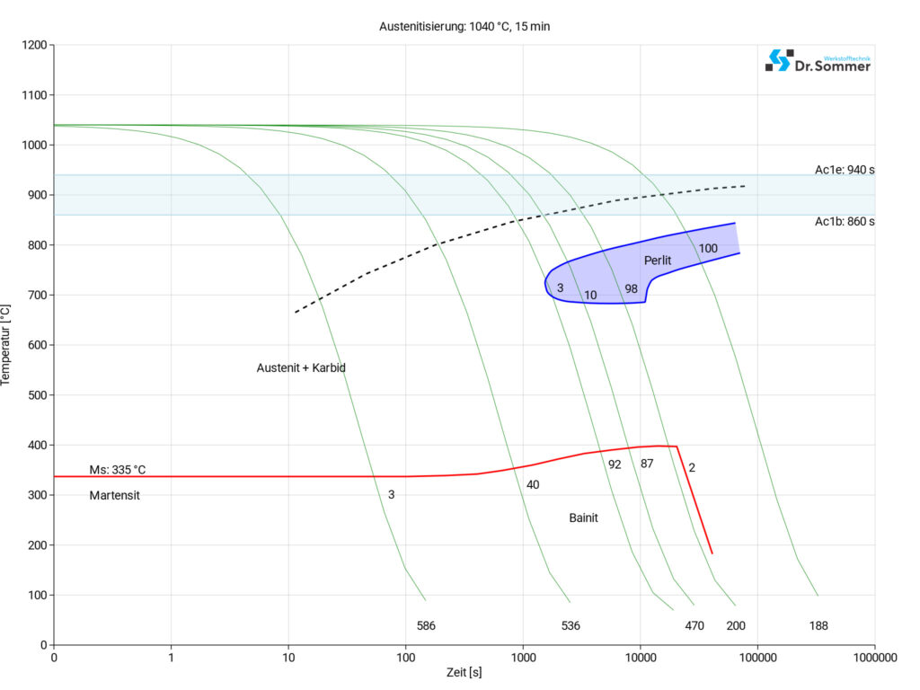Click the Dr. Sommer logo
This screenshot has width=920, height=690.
(818, 61)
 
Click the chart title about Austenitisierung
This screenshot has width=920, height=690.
(464, 26)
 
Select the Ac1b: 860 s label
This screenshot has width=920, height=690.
(845, 221)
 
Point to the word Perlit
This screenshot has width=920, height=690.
(658, 261)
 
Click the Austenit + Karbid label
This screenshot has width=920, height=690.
(301, 367)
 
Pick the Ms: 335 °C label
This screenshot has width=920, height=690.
(117, 470)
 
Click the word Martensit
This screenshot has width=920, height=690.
(115, 495)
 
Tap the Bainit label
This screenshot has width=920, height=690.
(583, 518)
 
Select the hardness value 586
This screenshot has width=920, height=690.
(426, 625)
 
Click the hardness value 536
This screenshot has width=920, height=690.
(571, 625)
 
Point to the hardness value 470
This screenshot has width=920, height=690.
(694, 625)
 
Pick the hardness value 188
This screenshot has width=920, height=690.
(818, 625)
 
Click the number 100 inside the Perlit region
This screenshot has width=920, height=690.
(708, 248)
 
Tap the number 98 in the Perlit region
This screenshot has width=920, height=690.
(631, 288)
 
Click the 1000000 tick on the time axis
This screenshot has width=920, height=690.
(874, 658)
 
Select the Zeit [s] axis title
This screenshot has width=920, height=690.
(464, 673)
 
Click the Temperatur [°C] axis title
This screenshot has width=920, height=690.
(8, 345)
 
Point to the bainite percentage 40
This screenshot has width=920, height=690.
(533, 485)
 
